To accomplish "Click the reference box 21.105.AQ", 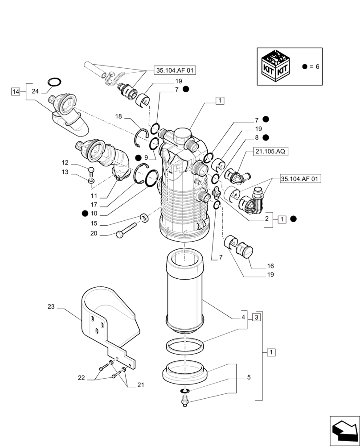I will pos(271,152).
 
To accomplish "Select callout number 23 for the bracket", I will pos(51,307).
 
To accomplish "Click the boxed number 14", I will pos(16,91).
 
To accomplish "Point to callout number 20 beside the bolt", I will pos(94,234).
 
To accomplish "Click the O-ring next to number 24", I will pos(54,82).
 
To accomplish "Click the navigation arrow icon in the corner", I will pos(344,429).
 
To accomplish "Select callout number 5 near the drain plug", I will pos(249,377).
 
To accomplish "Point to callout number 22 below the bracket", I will pos(81,377).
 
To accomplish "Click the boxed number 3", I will pos(256,318).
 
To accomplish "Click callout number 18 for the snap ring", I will pos(119,116).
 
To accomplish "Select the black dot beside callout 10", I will pos(85,214).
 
